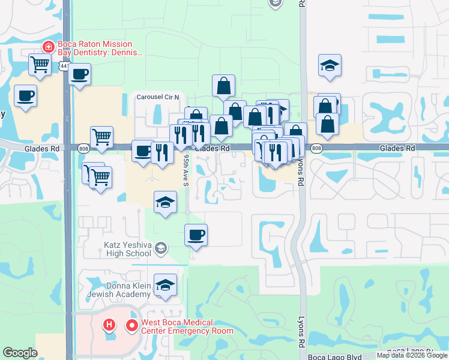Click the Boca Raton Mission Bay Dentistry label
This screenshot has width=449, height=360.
100,49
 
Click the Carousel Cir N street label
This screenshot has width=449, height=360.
158,97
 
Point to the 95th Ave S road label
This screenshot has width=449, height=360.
186,170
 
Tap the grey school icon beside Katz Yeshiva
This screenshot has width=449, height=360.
160,247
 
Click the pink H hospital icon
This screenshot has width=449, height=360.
109,326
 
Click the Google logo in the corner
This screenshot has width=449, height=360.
20,353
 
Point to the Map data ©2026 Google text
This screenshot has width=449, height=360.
412,355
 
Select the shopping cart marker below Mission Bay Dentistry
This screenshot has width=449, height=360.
40,64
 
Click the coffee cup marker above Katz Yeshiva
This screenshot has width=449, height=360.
196,235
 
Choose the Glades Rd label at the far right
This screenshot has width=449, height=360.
397,148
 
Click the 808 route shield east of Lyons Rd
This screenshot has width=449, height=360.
317,148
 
